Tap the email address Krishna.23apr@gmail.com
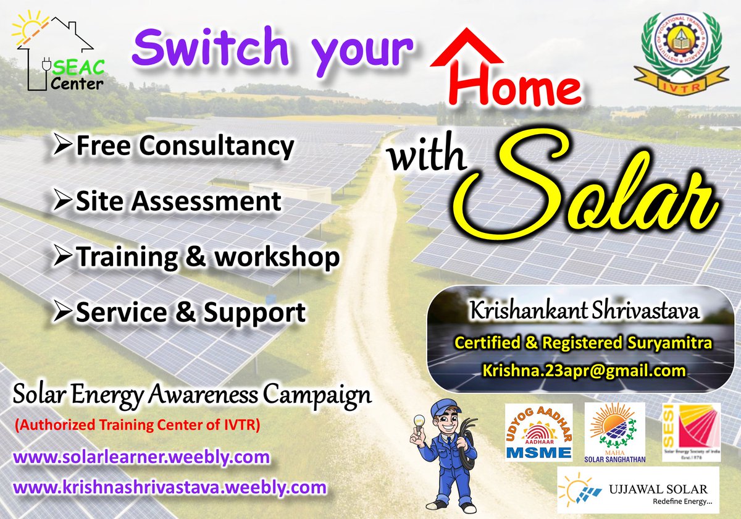[584, 371]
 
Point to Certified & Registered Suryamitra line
[584, 342]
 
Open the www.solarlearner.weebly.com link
[141, 458]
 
